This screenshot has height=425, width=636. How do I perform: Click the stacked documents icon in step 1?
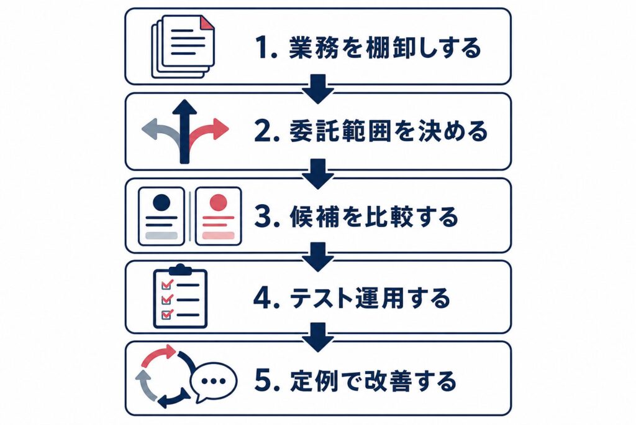[183, 46]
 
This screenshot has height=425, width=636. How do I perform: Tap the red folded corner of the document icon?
[208, 22]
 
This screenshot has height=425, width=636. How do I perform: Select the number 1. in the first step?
[266, 47]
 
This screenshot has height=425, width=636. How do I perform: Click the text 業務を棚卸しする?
[385, 47]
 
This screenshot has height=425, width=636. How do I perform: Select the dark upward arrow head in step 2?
[184, 108]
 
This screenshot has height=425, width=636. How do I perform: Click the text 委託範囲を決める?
[388, 132]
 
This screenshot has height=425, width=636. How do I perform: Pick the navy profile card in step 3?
[161, 216]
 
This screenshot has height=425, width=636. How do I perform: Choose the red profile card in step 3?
[219, 216]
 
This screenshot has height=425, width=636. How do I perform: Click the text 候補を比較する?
[373, 217]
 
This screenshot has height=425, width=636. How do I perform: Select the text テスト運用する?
[370, 298]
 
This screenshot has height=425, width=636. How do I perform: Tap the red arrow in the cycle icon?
[159, 355]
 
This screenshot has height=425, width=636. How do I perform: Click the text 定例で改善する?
[373, 381]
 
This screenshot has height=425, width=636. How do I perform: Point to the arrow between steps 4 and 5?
[318, 337]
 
